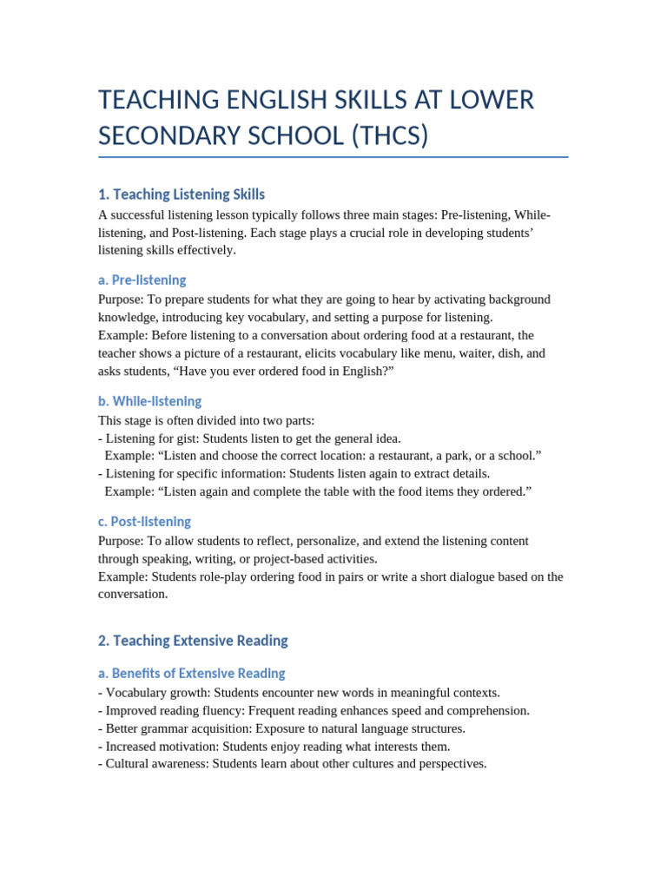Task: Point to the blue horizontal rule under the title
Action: [333, 157]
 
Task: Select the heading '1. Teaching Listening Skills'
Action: [182, 194]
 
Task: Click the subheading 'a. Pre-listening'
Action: [142, 280]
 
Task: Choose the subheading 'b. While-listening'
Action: [149, 401]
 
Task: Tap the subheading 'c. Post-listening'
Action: [144, 522]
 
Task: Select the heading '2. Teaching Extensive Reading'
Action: [193, 641]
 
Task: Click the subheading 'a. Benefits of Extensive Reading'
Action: [191, 674]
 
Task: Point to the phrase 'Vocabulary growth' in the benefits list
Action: [155, 693]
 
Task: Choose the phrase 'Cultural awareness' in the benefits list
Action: [155, 764]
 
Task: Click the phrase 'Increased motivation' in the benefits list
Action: [160, 747]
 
